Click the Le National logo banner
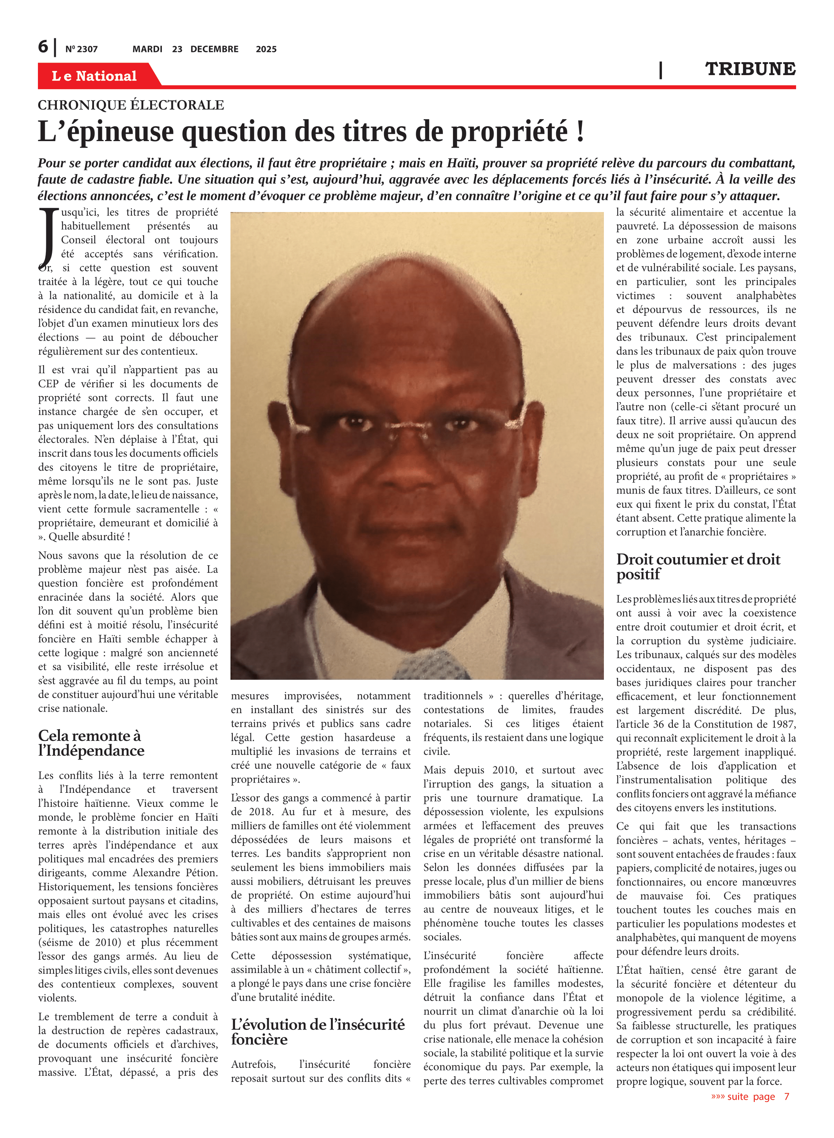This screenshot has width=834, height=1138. pos(94,76)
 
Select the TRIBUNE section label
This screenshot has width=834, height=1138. pos(750,69)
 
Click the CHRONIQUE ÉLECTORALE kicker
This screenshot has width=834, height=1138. pos(131,105)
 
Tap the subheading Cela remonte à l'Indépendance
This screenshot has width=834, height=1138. pos(91,743)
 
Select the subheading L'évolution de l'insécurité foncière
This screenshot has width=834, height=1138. pos(318,1032)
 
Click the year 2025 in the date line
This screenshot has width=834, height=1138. pos(266,49)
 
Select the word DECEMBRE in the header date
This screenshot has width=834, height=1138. pos(214,49)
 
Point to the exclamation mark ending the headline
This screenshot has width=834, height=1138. pos(580,132)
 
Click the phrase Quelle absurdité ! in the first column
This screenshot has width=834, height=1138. pos(89,536)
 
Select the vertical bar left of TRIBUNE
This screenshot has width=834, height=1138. pos(660,70)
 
